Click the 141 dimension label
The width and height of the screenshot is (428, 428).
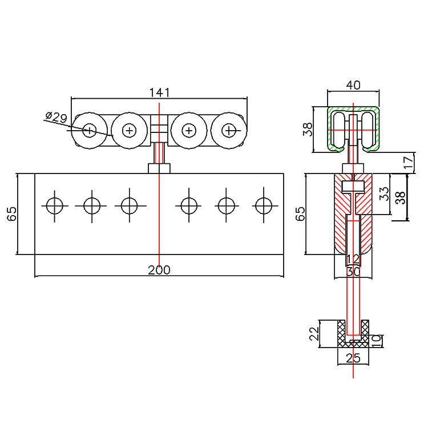pos(159,92)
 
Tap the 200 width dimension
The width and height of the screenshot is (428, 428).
pos(159,270)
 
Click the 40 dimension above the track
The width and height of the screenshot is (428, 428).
pos(353,85)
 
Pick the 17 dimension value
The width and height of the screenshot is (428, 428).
pos(407,162)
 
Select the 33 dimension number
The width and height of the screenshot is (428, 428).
pos(384,195)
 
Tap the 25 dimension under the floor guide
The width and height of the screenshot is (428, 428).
pos(353,358)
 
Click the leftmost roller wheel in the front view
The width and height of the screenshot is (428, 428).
pos(90,131)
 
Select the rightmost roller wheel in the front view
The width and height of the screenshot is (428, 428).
pos(229,131)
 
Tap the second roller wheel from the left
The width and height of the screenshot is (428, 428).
pos(130,131)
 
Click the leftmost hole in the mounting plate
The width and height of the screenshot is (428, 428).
pos(54,205)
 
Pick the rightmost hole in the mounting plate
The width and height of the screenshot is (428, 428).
pos(264,205)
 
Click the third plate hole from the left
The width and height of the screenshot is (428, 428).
pos(130,205)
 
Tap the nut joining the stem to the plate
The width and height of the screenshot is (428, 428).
pos(159,168)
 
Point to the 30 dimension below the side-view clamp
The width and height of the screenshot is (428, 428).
pos(353,272)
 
